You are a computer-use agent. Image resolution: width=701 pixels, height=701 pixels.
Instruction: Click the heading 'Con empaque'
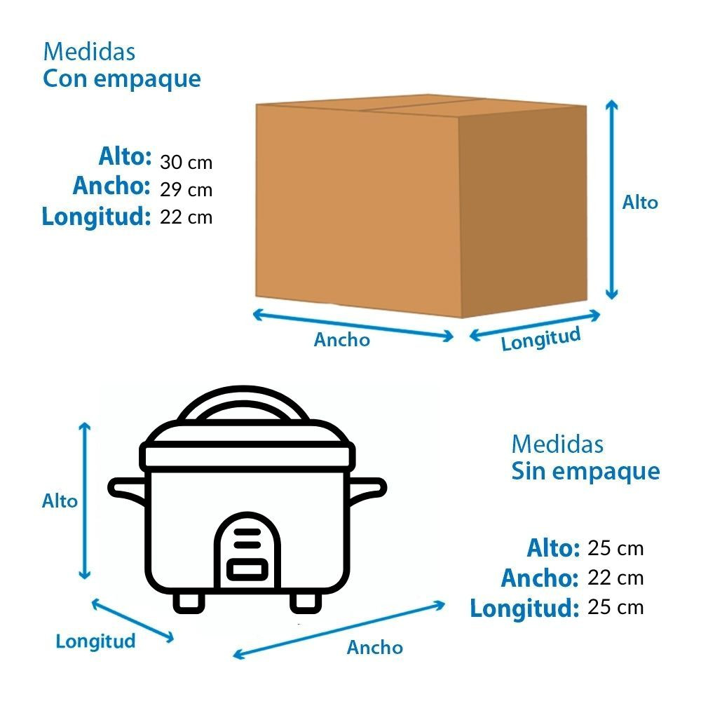pyautogui.click(x=121, y=79)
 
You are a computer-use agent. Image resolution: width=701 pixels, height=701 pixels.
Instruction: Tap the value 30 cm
pyautogui.click(x=186, y=163)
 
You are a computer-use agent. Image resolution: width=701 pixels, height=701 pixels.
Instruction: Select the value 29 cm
pyautogui.click(x=186, y=190)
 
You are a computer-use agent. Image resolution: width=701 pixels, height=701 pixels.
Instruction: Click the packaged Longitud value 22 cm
pyautogui.click(x=186, y=217)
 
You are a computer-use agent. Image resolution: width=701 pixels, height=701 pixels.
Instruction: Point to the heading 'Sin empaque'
pyautogui.click(x=585, y=471)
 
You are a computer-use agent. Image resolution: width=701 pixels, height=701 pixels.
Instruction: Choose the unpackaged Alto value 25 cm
pyautogui.click(x=615, y=548)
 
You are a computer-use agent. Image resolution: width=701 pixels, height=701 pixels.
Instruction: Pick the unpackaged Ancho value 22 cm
pyautogui.click(x=615, y=578)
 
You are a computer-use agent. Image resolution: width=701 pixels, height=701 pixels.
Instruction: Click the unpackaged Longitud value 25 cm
pyautogui.click(x=615, y=607)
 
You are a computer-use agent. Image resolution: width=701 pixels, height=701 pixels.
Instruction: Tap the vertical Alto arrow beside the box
pyautogui.click(x=612, y=200)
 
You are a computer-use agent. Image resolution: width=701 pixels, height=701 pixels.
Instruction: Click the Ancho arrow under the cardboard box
pyautogui.click(x=353, y=325)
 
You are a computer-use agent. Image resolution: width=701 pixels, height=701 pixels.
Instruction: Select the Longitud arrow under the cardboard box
pyautogui.click(x=535, y=325)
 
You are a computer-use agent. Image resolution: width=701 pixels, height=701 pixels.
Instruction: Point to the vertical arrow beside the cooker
pyautogui.click(x=86, y=501)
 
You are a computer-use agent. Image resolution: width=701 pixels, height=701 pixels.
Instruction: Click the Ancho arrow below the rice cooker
pyautogui.click(x=339, y=629)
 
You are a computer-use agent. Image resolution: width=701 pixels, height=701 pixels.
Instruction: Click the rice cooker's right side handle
pyautogui.click(x=367, y=489)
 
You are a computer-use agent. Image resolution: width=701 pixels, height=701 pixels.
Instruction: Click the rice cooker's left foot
pyautogui.click(x=189, y=601)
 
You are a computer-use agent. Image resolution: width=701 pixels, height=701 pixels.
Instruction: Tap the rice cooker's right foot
pyautogui.click(x=305, y=601)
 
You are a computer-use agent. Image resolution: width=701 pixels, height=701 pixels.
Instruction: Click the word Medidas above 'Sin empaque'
pyautogui.click(x=557, y=444)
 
